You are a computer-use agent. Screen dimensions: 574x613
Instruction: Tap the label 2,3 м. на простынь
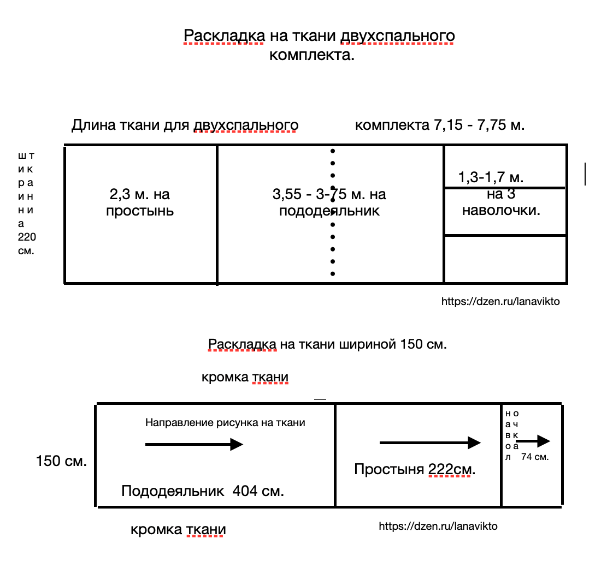click(140, 202)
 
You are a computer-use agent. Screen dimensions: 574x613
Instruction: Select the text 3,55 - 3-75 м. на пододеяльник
click(329, 202)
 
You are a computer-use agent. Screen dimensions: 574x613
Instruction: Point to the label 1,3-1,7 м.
click(491, 177)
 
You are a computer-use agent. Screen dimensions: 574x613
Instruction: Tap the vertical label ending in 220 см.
click(26, 203)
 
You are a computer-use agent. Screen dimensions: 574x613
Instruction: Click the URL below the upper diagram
click(500, 301)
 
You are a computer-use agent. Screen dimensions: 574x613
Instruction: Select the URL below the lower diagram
click(438, 526)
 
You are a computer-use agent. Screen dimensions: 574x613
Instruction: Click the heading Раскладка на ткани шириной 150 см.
click(328, 344)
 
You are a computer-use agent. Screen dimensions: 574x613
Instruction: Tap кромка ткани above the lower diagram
click(245, 377)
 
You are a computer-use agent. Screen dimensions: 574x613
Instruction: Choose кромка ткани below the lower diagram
click(178, 529)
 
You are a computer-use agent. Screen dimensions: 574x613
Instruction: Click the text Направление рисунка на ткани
click(225, 422)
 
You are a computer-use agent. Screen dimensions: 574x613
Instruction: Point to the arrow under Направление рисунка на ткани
click(194, 445)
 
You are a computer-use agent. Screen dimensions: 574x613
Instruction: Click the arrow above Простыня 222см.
click(430, 443)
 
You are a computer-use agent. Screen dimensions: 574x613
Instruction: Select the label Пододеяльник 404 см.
click(203, 491)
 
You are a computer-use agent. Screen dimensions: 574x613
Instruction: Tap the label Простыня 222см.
click(415, 469)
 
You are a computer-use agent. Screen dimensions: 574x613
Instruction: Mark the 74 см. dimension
click(535, 457)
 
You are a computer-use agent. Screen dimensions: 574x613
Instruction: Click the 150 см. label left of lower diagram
click(61, 461)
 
